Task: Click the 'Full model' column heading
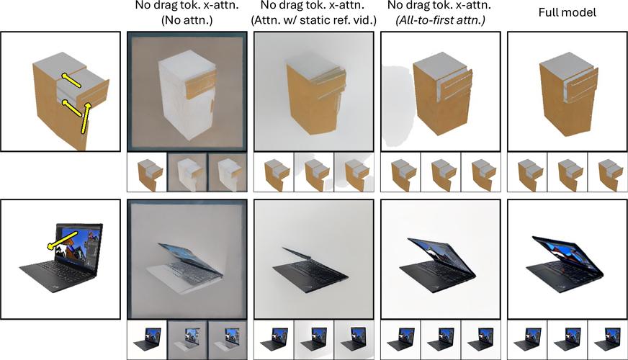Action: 567,12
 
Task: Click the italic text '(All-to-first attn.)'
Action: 441,20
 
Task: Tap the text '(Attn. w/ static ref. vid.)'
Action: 313,20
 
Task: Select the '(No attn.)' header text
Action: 187,20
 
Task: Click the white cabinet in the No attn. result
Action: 187,96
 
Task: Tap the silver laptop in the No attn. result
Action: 184,267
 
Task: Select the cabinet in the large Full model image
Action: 568,94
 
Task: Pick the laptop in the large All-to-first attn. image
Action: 437,261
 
